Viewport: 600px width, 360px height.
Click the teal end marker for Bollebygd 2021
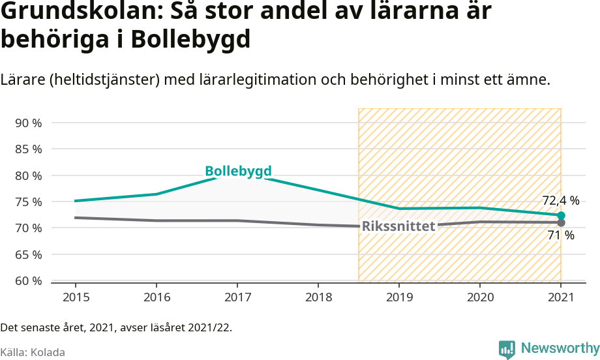(x=561, y=215)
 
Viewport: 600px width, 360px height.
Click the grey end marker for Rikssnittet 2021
(x=561, y=222)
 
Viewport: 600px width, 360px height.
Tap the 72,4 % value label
(x=561, y=200)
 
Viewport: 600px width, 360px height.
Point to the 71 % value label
(x=561, y=235)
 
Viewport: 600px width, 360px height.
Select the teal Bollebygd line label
(x=238, y=172)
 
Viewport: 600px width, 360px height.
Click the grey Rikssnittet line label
(x=398, y=226)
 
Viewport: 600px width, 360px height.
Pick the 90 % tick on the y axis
(x=28, y=123)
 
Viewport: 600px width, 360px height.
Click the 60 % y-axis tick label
(x=28, y=280)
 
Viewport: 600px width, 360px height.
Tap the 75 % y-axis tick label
(x=28, y=202)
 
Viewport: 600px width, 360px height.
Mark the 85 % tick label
(x=28, y=149)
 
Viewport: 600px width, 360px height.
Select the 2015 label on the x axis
(x=76, y=297)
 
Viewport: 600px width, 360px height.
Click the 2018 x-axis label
(x=318, y=297)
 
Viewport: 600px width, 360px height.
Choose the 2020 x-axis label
(x=480, y=297)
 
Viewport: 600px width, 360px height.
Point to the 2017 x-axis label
(x=237, y=297)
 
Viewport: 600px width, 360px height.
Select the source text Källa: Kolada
(x=33, y=352)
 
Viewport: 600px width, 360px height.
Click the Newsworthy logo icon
(x=507, y=349)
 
